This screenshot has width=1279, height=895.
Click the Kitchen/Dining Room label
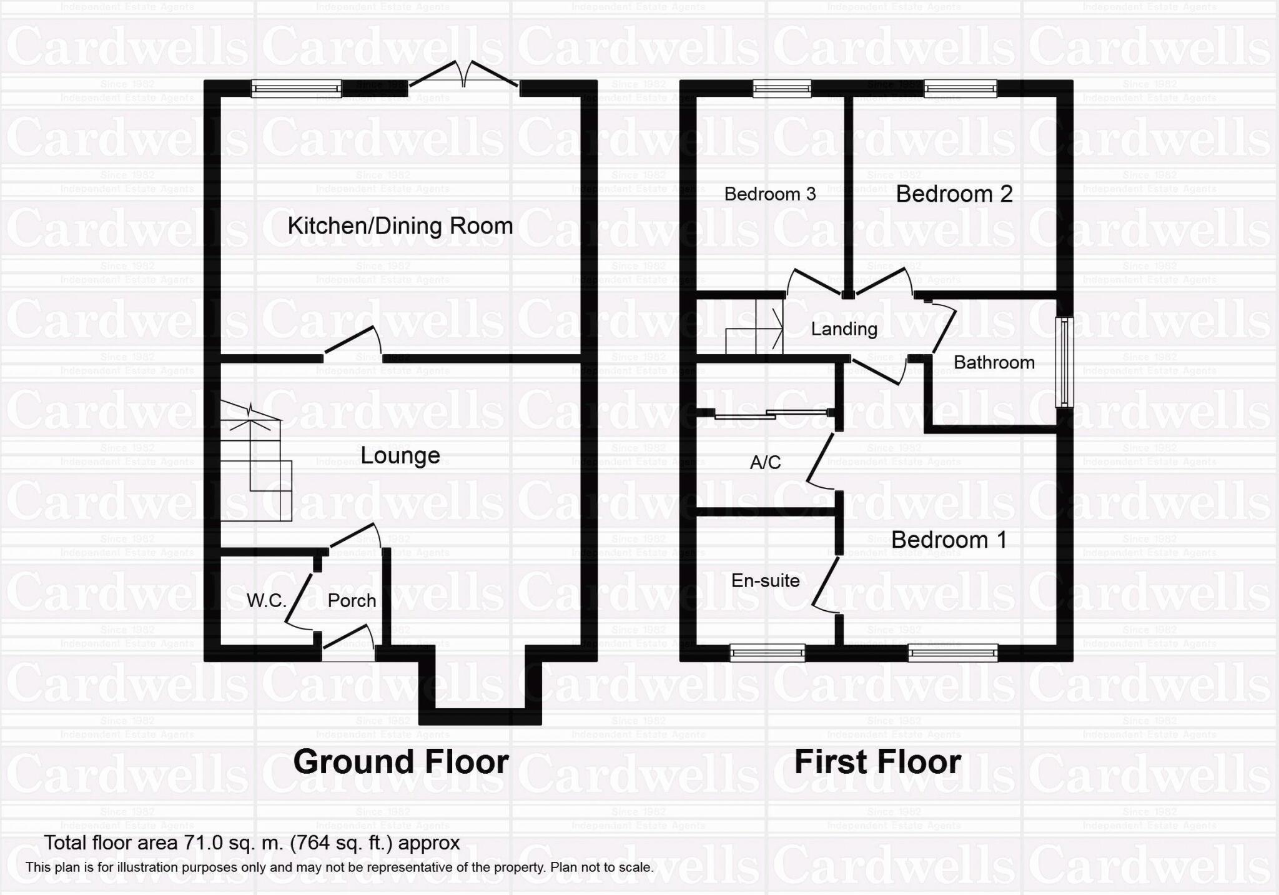tap(400, 225)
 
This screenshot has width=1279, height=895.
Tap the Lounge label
tap(400, 455)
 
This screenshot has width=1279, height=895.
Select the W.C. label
tap(266, 601)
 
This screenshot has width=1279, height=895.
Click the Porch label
tap(352, 601)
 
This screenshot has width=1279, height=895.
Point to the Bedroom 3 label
tap(770, 194)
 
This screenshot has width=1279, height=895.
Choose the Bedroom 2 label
tap(954, 194)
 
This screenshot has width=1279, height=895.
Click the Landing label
tap(844, 329)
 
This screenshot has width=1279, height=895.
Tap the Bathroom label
tap(994, 362)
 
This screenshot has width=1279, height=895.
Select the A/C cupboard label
tap(765, 462)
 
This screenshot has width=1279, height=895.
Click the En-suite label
tap(765, 581)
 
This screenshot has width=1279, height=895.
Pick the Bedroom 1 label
tap(949, 540)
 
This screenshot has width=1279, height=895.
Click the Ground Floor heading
tap(401, 762)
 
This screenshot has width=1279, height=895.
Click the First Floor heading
tap(877, 762)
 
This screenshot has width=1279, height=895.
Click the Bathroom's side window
tap(1064, 362)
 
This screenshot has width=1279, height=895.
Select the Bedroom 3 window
tap(782, 89)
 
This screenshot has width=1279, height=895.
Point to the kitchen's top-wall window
tap(297, 89)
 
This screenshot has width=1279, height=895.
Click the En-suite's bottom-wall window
tap(768, 653)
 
